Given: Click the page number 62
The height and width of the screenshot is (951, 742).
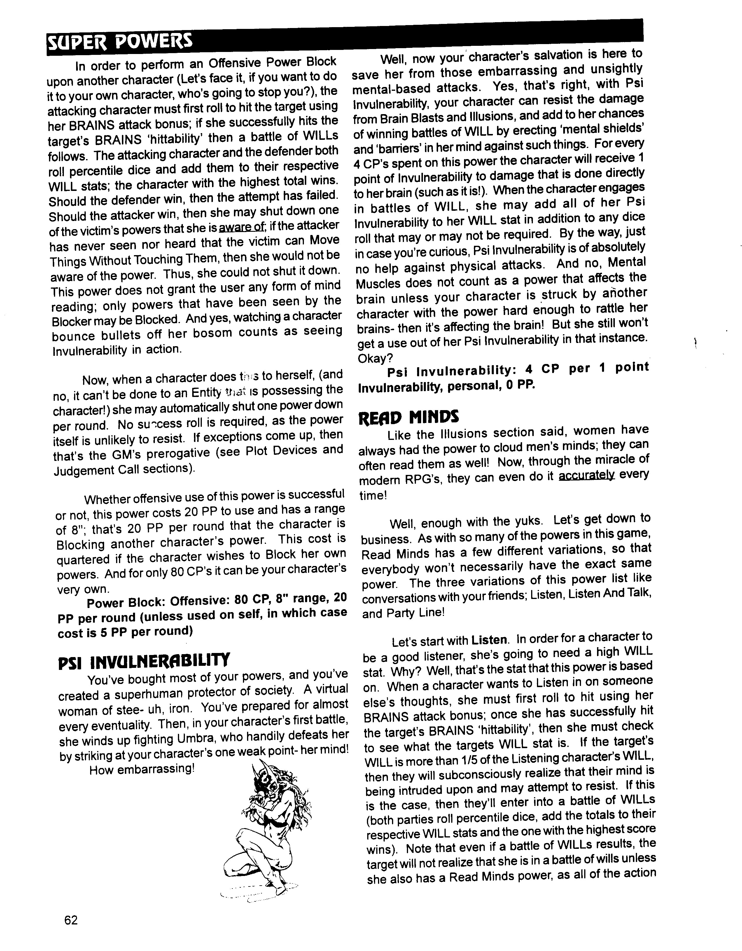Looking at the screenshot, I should [71, 920].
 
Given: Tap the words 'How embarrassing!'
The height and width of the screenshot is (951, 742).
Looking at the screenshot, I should [141, 769].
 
